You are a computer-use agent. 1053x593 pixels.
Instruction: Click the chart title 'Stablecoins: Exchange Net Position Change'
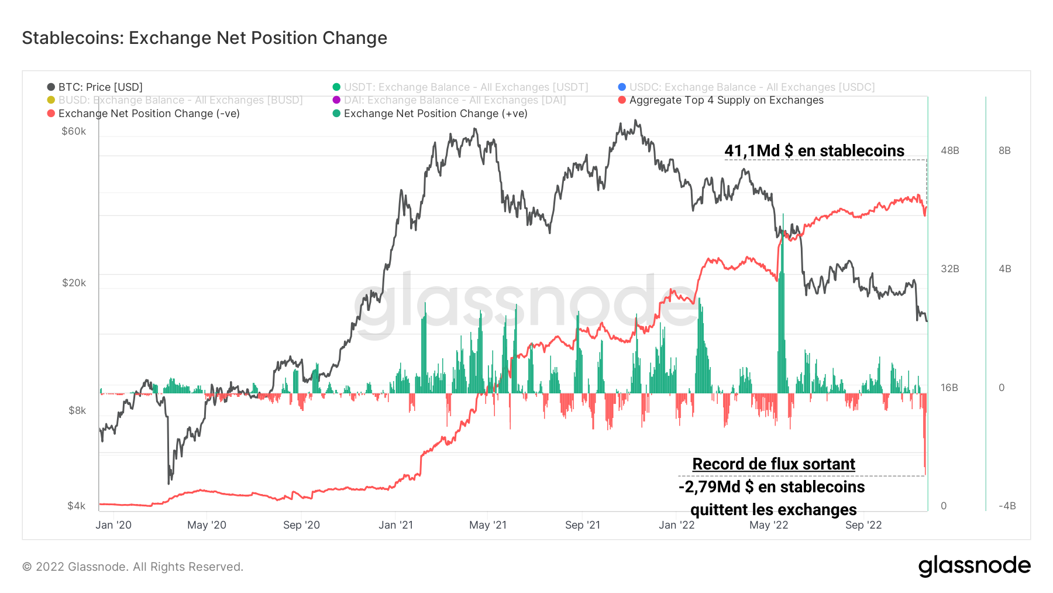(204, 38)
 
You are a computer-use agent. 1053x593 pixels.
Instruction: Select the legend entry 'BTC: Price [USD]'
(100, 87)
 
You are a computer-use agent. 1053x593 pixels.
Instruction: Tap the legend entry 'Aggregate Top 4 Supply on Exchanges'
(726, 100)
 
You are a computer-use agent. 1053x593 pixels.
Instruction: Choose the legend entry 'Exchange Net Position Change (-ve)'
(149, 114)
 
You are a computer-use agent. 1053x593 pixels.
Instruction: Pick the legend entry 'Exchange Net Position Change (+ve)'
(435, 114)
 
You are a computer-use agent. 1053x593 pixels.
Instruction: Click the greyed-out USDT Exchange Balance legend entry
(466, 87)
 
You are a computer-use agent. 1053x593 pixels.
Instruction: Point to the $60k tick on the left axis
(74, 131)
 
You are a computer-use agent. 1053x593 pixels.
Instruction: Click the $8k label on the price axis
(77, 410)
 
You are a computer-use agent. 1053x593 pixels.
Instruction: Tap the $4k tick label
(77, 506)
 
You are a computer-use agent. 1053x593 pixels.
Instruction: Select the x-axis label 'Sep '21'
(583, 525)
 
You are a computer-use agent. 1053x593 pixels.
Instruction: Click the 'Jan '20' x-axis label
(113, 525)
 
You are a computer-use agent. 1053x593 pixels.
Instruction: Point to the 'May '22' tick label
(769, 525)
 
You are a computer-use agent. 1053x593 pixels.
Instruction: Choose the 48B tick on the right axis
(950, 150)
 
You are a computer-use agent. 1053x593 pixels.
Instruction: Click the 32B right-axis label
(950, 269)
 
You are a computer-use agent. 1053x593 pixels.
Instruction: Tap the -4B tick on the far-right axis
(1007, 506)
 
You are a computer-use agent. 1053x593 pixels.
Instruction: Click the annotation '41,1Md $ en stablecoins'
(814, 151)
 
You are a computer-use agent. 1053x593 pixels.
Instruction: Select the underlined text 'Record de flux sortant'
(773, 464)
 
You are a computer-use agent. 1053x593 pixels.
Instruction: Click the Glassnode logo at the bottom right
(974, 566)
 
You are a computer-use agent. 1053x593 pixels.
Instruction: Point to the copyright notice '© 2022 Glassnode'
(133, 567)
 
